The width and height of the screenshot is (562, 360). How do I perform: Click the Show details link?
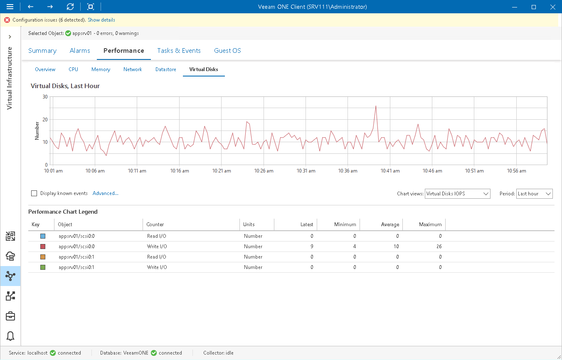(x=101, y=20)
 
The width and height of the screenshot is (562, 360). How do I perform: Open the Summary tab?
(x=42, y=51)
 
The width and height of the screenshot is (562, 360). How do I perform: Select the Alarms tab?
(x=80, y=51)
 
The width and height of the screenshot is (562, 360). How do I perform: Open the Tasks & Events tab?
(x=179, y=51)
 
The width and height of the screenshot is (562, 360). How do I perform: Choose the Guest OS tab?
(x=227, y=51)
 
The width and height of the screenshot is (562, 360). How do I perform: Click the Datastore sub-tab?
(x=166, y=69)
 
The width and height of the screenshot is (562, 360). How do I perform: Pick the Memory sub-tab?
(x=101, y=69)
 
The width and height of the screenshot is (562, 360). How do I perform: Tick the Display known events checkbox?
(x=34, y=193)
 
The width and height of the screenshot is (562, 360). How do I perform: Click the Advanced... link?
(x=106, y=193)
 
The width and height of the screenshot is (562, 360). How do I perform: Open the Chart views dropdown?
(x=457, y=194)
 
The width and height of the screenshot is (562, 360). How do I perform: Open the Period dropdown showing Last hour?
(x=534, y=194)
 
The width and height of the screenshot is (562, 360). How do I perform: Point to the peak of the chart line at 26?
(x=376, y=106)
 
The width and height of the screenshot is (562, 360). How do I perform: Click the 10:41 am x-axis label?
(x=390, y=171)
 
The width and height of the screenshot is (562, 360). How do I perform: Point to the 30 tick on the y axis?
(x=45, y=97)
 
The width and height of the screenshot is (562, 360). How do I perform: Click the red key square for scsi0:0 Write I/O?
(x=43, y=247)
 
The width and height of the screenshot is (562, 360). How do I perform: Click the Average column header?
(x=390, y=224)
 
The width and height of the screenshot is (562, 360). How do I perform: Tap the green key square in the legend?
(x=43, y=267)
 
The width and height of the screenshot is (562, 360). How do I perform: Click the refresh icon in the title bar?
(x=70, y=7)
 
